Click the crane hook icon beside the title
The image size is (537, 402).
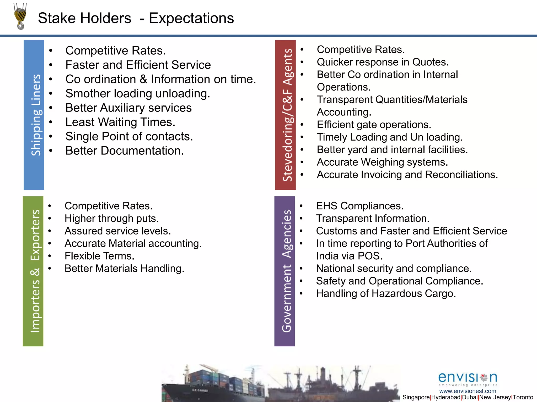coord(20,16)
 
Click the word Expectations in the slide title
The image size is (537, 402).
coord(191,18)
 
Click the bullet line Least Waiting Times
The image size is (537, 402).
coord(120,122)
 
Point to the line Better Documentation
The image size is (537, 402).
coord(125,151)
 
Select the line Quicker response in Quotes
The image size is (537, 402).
coord(383,62)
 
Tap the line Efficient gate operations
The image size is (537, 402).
coord(374,125)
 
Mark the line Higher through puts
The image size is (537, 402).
coord(112,219)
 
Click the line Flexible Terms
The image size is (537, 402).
coord(99,256)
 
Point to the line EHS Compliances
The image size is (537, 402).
coord(359,206)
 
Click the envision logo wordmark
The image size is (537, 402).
coord(468,378)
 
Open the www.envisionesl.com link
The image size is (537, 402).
coord(468,391)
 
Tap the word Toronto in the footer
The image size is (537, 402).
coord(523,397)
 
